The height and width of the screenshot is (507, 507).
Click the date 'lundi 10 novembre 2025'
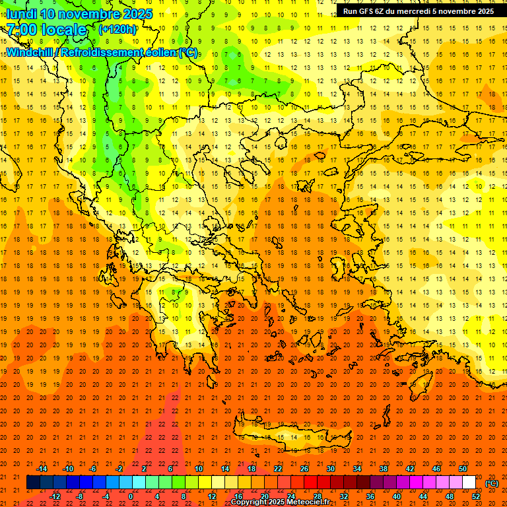click(79, 14)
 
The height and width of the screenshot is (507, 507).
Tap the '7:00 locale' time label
click(47, 30)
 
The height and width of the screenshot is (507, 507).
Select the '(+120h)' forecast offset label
click(118, 29)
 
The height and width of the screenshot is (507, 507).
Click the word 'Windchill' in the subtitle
click(30, 52)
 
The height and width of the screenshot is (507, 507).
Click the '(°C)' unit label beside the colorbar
click(492, 483)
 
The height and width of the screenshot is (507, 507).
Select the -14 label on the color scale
click(41, 469)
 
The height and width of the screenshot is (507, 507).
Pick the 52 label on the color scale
click(476, 496)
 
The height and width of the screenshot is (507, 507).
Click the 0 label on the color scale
click(131, 496)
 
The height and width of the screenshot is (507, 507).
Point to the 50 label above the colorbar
click(463, 469)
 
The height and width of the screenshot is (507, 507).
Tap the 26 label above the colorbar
click(304, 469)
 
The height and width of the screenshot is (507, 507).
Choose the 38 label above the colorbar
click(384, 469)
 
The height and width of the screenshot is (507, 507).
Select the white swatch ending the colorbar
click(469, 483)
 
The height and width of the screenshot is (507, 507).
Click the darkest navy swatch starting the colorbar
click(34, 483)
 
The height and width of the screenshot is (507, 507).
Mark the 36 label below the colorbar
click(370, 496)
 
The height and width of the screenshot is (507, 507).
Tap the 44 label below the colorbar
click(423, 496)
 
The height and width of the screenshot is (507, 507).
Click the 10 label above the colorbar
click(199, 469)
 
